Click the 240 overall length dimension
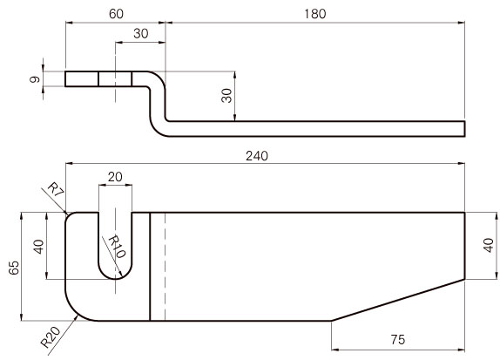257,156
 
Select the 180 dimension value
314,14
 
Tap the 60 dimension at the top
116,14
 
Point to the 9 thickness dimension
35,79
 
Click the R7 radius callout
56,189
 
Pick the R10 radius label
117,247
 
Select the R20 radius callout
51,337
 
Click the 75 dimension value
397,340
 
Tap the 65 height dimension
14,268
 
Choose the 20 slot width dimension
115,177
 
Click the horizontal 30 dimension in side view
140,33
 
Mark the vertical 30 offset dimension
226,96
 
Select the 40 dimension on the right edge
488,245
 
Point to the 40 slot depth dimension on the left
38,247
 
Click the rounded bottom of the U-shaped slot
115,279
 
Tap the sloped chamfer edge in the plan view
398,300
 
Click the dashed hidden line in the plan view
165,267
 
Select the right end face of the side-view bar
464,129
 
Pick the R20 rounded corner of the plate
75,311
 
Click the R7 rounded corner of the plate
69,215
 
